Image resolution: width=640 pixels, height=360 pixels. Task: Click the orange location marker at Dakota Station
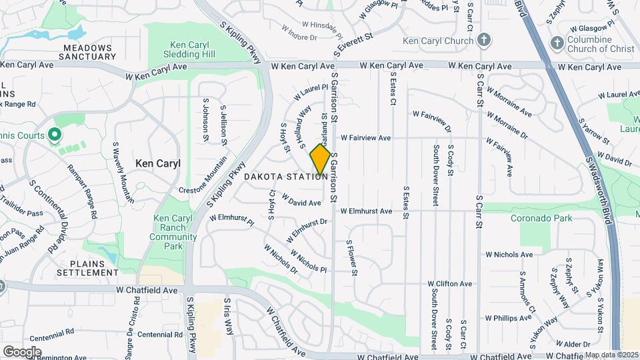tap(321, 159)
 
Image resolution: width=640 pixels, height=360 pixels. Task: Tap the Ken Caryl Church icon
tap(485, 41)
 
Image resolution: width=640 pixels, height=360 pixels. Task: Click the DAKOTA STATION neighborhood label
tap(285, 177)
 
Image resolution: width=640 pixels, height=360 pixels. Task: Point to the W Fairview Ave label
tap(365, 138)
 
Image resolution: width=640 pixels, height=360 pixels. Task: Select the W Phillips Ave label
tap(509, 318)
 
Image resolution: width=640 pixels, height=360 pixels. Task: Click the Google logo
tap(21, 351)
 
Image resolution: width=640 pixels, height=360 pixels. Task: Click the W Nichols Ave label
tap(509, 255)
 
